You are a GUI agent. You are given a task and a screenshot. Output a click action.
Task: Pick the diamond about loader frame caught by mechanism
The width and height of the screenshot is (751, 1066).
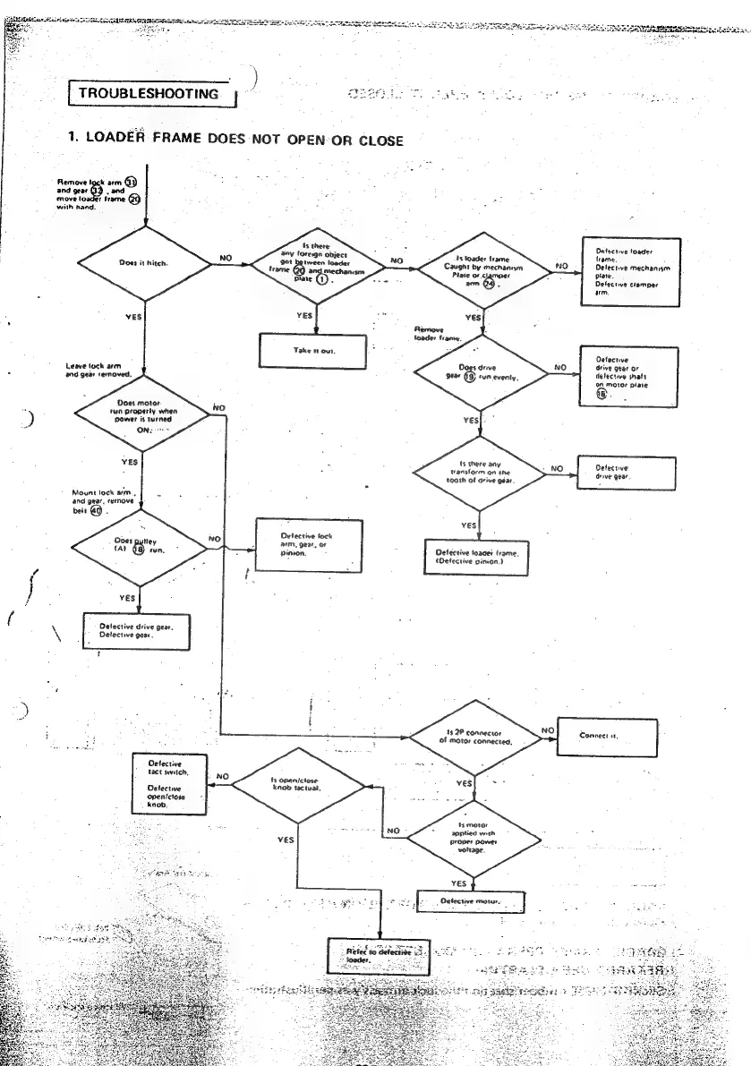pos(482,266)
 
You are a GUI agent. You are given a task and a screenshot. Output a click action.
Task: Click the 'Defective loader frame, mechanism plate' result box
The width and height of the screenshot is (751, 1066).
pos(632,272)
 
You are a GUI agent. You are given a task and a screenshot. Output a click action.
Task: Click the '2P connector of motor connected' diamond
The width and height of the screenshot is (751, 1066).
pos(475,738)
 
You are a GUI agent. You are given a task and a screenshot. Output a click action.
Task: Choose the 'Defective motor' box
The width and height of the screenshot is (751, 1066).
pos(471,901)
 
